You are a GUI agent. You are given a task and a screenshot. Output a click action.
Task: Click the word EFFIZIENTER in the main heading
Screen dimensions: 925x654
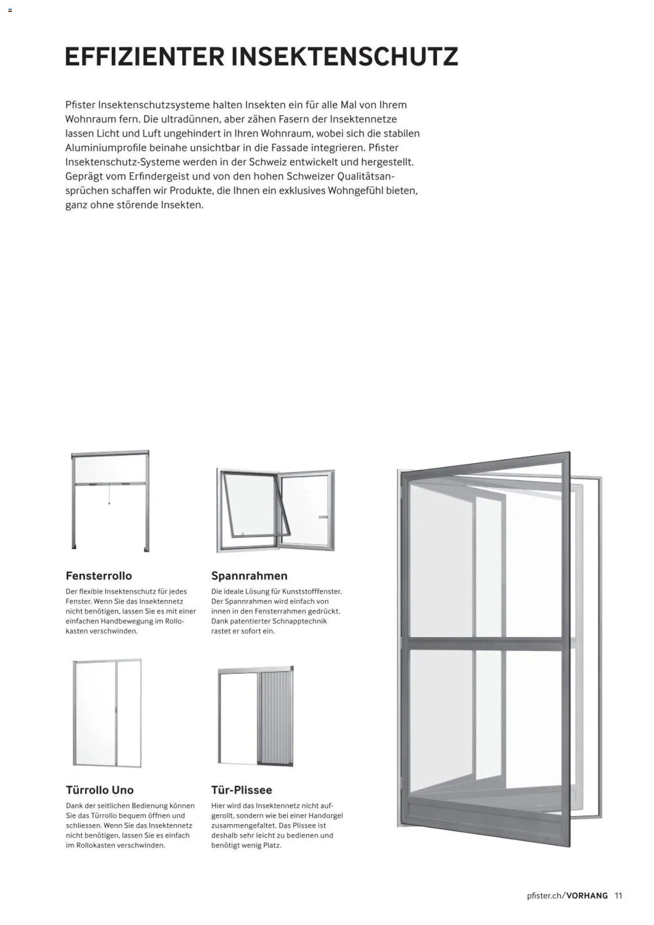144,57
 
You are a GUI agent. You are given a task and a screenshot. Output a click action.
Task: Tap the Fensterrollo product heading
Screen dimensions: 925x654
99,576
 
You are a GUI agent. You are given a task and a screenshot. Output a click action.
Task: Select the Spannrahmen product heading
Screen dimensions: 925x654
249,576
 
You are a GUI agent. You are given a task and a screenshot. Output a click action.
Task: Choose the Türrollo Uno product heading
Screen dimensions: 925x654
100,790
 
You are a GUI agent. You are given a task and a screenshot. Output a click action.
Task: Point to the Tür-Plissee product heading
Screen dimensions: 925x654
241,790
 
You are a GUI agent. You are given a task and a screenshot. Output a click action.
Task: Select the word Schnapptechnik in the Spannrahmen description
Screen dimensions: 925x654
300,621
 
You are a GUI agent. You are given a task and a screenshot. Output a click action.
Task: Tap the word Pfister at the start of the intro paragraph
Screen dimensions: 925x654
81,105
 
